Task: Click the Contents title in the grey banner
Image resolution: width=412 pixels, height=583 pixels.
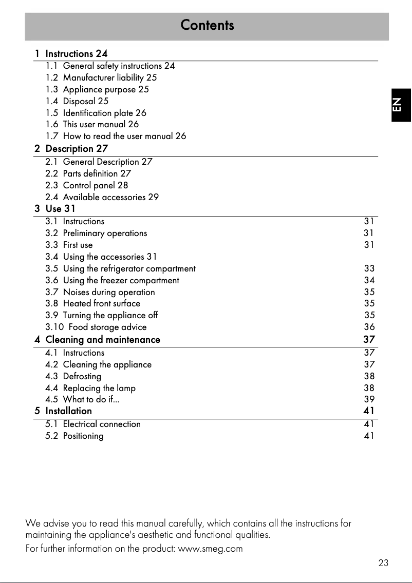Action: pos(207,25)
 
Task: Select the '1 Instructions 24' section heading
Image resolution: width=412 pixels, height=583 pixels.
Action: pos(71,53)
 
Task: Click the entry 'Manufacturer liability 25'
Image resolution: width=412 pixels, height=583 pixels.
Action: pos(109,77)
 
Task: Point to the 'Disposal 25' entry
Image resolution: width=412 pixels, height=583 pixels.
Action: pos(85,101)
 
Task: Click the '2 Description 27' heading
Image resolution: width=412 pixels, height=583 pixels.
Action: pos(71,149)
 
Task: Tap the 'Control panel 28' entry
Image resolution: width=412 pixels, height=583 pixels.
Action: pos(95,185)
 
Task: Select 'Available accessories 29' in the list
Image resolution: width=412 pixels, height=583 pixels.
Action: pos(110,197)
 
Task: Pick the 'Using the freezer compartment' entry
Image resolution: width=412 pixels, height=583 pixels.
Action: pos(121,280)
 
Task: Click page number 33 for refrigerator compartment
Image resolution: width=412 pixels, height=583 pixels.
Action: pos(369,268)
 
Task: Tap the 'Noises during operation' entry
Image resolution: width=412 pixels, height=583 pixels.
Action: pos(108,292)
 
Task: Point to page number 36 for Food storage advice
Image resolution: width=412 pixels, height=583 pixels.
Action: pos(369,327)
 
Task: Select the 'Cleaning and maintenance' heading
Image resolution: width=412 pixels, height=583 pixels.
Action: pos(103,340)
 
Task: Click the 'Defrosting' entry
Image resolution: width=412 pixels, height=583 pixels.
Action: pos(82,376)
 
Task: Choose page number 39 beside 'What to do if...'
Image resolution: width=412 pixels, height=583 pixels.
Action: pos(369,399)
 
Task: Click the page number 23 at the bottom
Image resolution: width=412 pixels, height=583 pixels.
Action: pos(383,563)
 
